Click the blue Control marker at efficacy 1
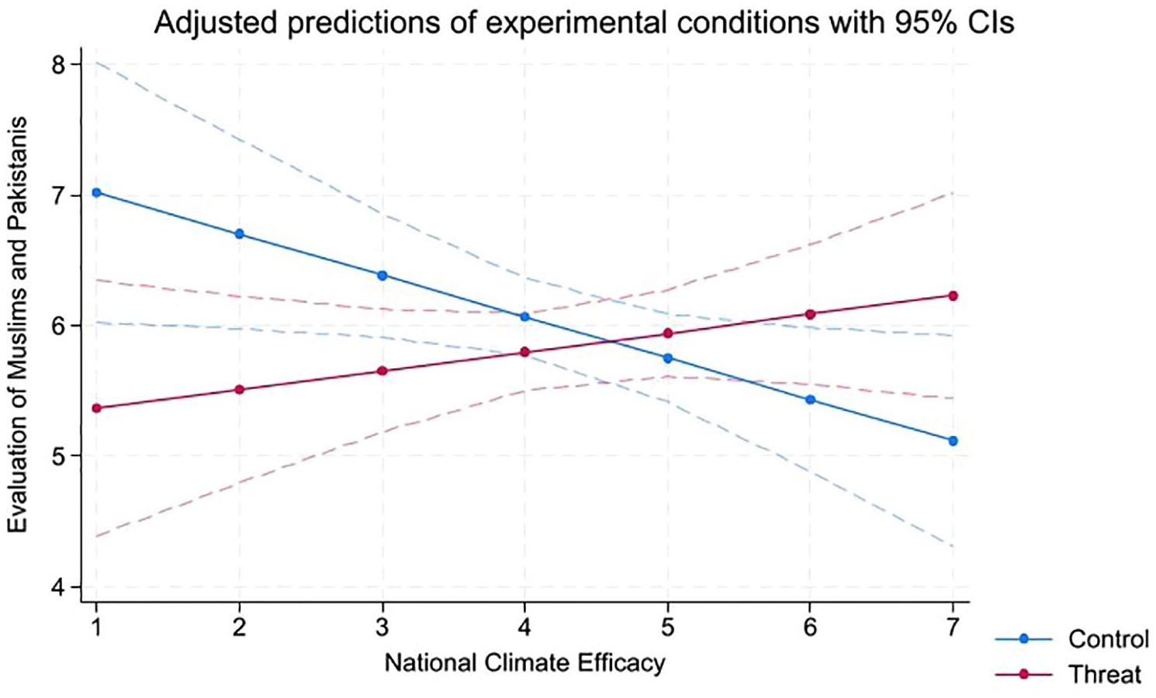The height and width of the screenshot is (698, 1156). pos(96,192)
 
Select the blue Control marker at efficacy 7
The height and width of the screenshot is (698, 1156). pos(953,441)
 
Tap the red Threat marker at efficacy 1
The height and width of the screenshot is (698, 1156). pos(96,408)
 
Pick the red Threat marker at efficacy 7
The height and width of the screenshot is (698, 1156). pos(953,295)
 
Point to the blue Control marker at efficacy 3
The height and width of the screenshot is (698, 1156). pos(382,275)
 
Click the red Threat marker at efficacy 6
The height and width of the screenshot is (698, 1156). pos(810,314)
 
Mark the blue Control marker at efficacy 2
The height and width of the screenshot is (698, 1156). pos(239,233)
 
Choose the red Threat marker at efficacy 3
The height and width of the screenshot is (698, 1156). pos(382,371)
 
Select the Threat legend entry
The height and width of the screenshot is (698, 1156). pos(1068,674)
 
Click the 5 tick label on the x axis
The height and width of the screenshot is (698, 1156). pos(668,628)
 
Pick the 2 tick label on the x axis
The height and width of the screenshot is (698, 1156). pos(239,628)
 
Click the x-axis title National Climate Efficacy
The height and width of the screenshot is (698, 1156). pos(524,663)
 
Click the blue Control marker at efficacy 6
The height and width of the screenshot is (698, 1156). pos(810,399)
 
